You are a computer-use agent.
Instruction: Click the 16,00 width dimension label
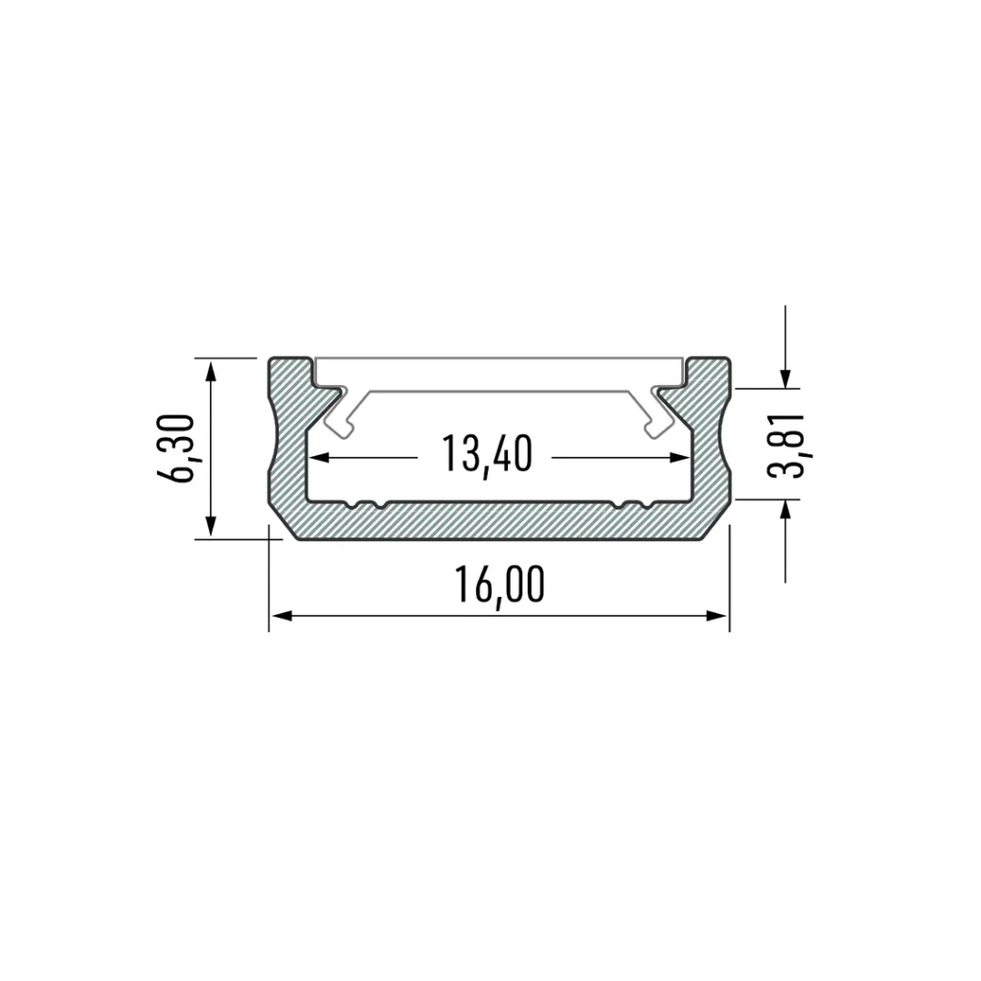point(500,585)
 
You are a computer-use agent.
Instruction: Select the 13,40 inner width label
point(488,453)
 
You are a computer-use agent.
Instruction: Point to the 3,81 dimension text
point(786,445)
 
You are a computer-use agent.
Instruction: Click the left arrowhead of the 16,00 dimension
point(283,616)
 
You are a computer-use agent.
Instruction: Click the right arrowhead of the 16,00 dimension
point(717,616)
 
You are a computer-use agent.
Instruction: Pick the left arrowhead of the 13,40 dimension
point(320,457)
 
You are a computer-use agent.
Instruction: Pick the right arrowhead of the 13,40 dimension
point(679,457)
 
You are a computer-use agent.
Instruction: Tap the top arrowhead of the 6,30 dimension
point(211,372)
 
